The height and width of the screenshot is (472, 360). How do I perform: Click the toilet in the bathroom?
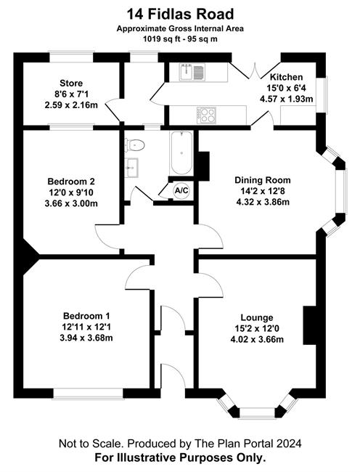click(x=134, y=145)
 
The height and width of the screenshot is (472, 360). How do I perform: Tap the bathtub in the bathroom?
click(x=181, y=153)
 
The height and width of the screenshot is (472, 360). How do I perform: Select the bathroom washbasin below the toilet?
click(x=131, y=167)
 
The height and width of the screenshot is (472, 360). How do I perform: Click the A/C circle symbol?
click(x=181, y=190)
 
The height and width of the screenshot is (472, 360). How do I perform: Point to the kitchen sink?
click(x=192, y=72)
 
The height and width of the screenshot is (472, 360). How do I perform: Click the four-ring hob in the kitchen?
click(x=207, y=115)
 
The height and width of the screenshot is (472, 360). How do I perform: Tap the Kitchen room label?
click(x=286, y=77)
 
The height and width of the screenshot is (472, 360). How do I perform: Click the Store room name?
click(x=71, y=83)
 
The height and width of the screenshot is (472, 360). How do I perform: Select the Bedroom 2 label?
click(x=71, y=182)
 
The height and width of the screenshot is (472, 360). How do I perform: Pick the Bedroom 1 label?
click(x=86, y=316)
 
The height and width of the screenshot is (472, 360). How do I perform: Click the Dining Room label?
click(x=263, y=180)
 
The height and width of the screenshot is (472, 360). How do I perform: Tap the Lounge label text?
click(x=257, y=317)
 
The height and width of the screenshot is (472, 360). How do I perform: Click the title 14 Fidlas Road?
click(x=180, y=14)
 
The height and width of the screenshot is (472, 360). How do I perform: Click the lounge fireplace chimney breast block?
click(x=310, y=325)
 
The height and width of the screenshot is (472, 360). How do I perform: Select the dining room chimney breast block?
click(x=204, y=166)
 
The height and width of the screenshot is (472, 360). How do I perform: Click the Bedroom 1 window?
click(x=89, y=394)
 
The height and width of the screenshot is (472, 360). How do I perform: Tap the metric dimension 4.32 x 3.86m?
click(x=263, y=202)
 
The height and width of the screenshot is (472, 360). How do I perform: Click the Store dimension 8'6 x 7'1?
click(x=71, y=94)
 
